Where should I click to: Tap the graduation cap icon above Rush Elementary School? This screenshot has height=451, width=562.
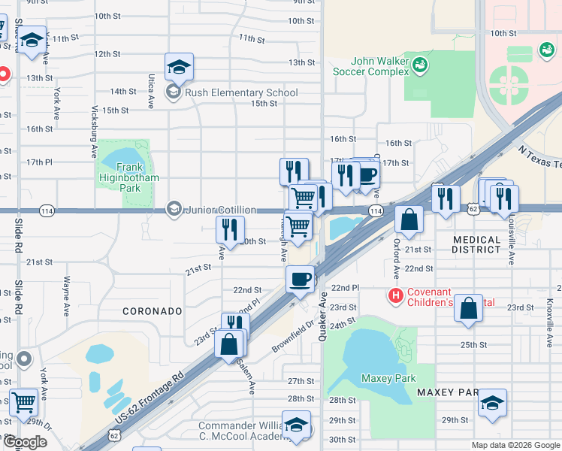point(179,66)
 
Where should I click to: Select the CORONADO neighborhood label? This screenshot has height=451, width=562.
point(153,310)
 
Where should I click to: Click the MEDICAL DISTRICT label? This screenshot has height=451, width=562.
point(488,244)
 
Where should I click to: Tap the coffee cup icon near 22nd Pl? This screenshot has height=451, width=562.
point(300,279)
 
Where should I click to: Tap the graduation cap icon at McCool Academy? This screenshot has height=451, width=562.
point(296,425)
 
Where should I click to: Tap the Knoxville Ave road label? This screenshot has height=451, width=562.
point(550,310)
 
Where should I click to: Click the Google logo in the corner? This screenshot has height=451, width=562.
point(25,442)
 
